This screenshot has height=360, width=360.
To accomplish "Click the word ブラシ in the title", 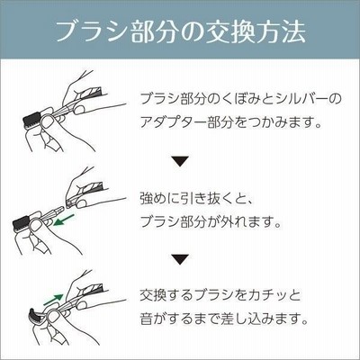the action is coord(91,31).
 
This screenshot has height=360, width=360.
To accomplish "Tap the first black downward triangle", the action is coord(180,161).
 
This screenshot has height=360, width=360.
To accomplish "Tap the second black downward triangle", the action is coord(180,259).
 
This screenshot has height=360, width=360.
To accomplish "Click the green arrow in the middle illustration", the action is coord(64,220).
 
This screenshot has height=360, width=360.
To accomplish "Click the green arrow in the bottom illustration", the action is coord(53,299).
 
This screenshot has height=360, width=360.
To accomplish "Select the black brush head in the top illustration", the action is coord(31,118).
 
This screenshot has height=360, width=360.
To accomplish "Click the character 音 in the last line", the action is coord(147,319).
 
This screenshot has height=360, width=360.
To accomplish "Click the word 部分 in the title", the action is coord(152,31).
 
